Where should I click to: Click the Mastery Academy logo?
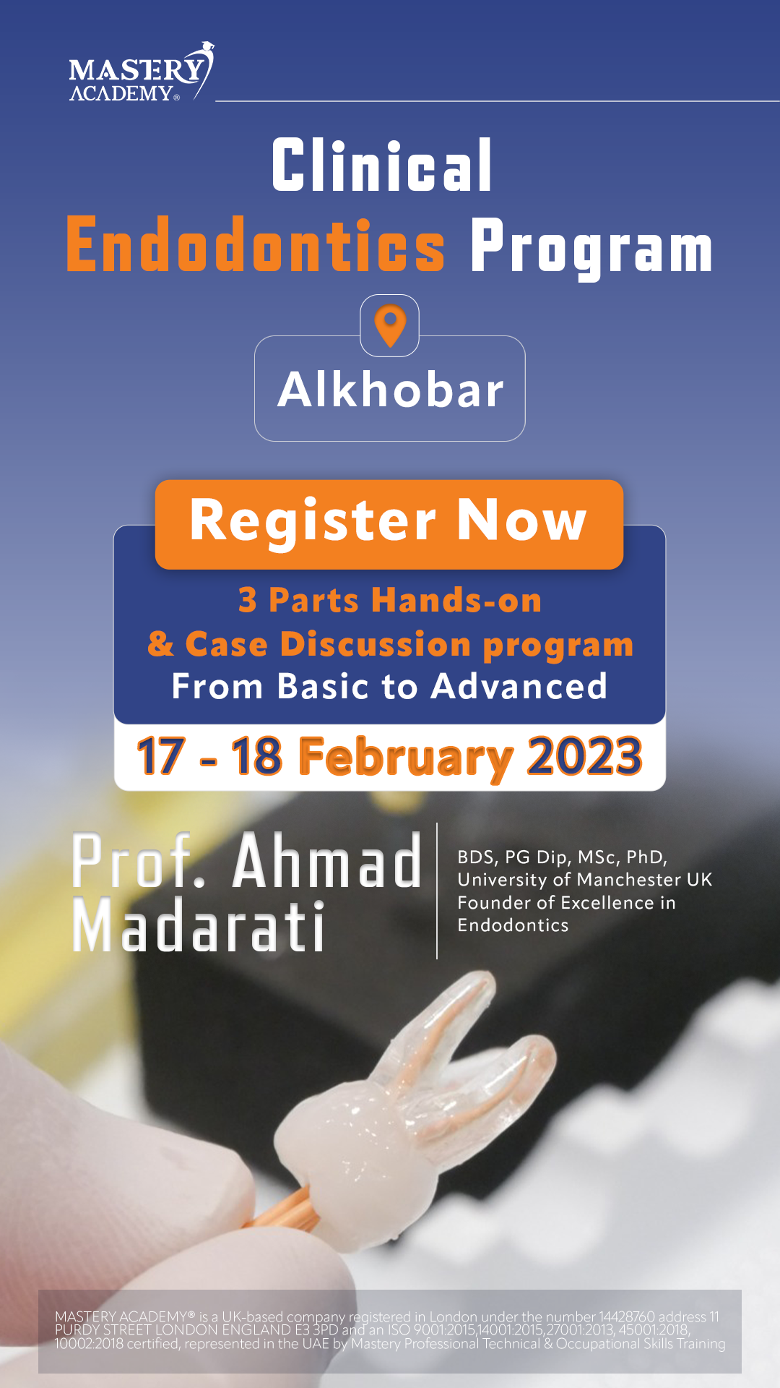[x=142, y=72]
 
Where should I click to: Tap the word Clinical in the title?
[x=382, y=166]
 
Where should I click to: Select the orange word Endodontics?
[x=256, y=245]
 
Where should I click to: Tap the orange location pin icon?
[x=390, y=326]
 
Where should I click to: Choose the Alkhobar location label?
[x=391, y=390]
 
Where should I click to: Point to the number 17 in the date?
[x=160, y=756]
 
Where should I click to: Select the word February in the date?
[x=405, y=758]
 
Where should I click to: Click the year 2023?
[x=584, y=756]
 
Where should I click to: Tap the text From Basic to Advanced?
[x=389, y=686]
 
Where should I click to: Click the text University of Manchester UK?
[x=585, y=880]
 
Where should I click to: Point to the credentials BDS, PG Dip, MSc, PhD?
[x=563, y=857]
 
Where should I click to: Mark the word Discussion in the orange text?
[x=376, y=644]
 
